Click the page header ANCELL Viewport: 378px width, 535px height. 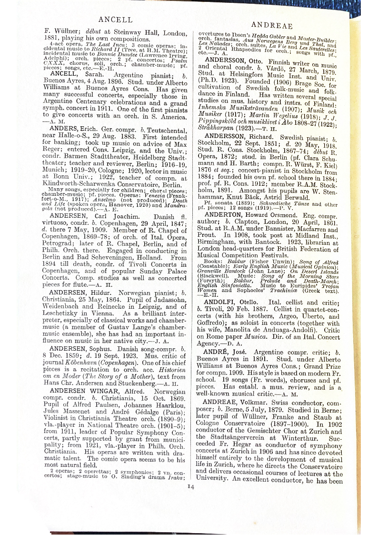pyautogui.click(x=115, y=20)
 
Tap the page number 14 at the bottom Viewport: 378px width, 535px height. pyautogui.click(x=190, y=486)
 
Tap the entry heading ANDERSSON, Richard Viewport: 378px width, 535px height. pyautogui.click(x=241, y=137)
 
